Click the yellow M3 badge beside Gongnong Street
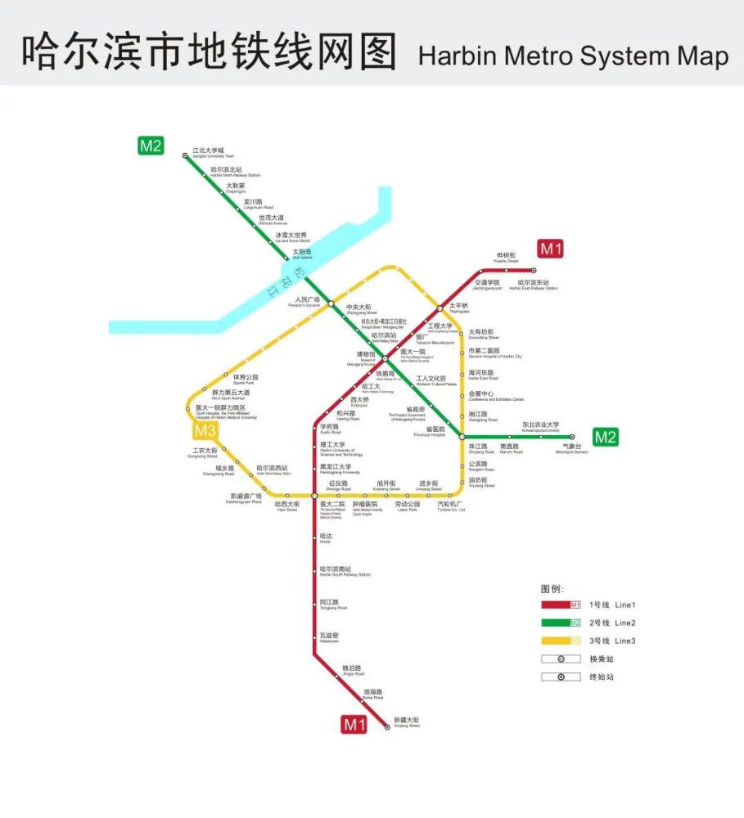click(205, 431)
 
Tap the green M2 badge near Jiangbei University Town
click(151, 146)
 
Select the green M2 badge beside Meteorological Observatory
click(605, 437)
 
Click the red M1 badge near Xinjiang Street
click(354, 724)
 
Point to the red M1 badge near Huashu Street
click(550, 249)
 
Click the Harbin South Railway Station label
click(345, 571)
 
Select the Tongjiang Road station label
click(333, 605)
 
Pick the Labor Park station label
click(408, 507)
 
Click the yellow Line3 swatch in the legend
click(561, 640)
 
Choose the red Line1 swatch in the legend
click(561, 605)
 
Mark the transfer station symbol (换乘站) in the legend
click(561, 658)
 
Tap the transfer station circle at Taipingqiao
click(440, 308)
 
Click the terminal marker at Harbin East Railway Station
click(534, 270)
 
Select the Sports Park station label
click(245, 380)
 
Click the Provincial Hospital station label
click(435, 431)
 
